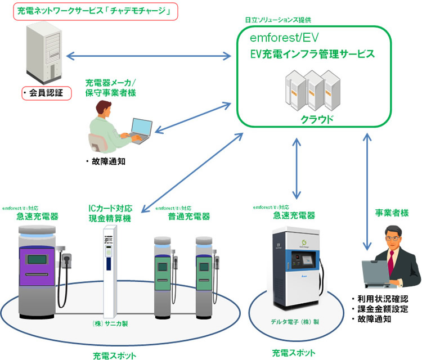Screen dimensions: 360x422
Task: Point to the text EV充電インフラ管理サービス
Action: tap(312, 54)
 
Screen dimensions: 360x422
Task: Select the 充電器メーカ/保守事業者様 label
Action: tap(110, 87)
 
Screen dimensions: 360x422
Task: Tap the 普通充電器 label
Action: tap(188, 217)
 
